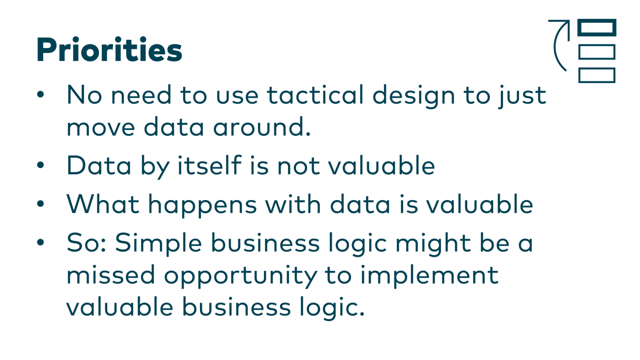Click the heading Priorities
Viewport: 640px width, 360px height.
[x=109, y=50]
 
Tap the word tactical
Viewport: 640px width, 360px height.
[x=315, y=95]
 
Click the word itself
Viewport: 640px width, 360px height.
[x=210, y=166]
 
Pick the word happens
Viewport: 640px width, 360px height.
[x=202, y=205]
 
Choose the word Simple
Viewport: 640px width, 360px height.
[x=158, y=243]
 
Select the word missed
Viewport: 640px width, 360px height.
[x=111, y=275]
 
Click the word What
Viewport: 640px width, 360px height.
[x=103, y=204]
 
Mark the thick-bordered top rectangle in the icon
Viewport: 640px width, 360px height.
[x=596, y=28]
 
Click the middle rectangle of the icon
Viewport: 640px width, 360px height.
[x=596, y=52]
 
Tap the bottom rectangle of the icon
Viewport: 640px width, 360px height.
[x=596, y=75]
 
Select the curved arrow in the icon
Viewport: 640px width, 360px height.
[x=558, y=44]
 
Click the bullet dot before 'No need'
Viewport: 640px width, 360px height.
[x=40, y=95]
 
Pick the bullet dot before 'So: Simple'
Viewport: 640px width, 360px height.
[x=40, y=242]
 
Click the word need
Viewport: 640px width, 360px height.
[x=141, y=95]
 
